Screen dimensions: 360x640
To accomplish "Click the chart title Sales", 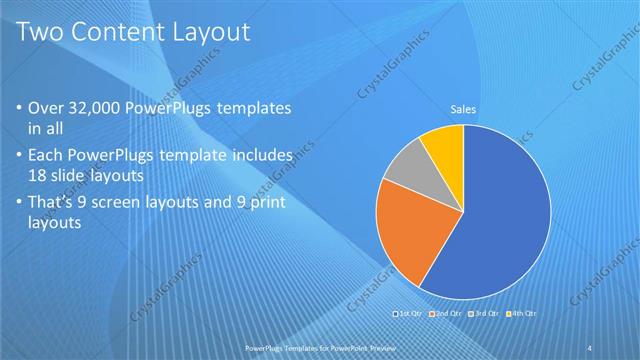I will pos(463,110).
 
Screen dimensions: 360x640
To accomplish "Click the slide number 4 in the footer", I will pos(590,347).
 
